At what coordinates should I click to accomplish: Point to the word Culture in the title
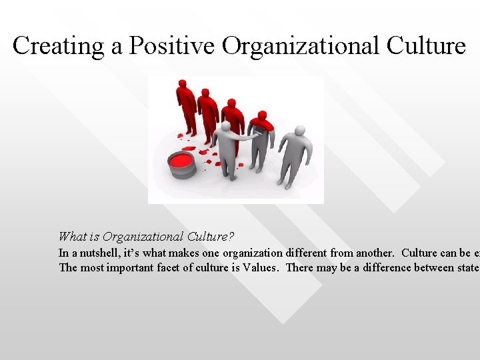click(x=425, y=45)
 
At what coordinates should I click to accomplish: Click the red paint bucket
click(x=181, y=163)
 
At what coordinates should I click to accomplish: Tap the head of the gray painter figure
click(x=225, y=127)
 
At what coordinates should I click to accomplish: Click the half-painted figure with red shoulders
click(x=261, y=140)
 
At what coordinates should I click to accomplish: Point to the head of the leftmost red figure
click(x=182, y=83)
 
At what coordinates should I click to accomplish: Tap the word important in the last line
click(x=114, y=269)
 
